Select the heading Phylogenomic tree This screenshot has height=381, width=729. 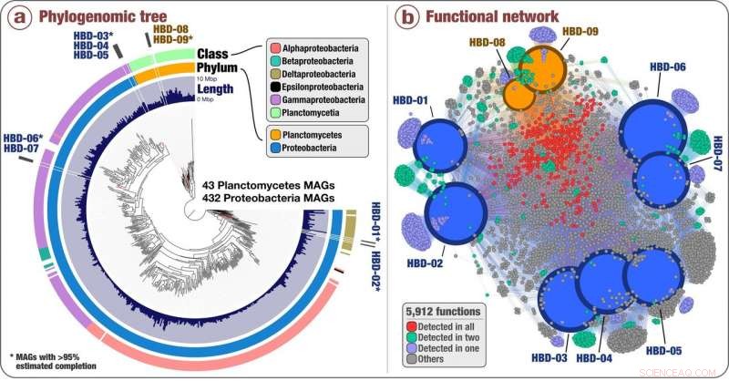pos(99,15)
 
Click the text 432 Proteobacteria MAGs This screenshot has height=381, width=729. pos(265,198)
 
